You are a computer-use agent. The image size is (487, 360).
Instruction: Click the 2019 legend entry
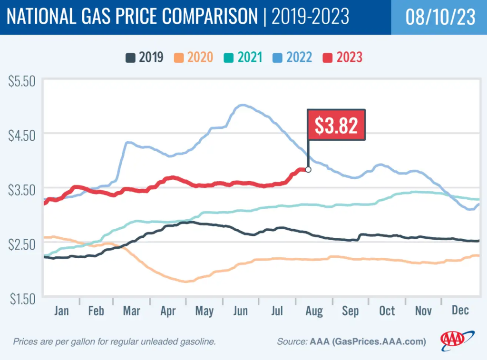(145, 58)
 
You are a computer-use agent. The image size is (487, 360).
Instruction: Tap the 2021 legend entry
(243, 58)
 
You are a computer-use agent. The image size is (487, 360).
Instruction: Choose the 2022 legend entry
(293, 58)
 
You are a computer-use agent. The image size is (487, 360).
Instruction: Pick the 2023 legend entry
(342, 58)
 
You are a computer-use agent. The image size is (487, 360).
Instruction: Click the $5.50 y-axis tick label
(22, 81)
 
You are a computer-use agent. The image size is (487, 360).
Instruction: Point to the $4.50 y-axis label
(22, 135)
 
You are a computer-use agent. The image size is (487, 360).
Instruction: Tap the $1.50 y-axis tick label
(22, 298)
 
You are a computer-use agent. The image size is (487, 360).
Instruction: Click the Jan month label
(61, 311)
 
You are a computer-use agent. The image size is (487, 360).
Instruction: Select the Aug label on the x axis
(314, 311)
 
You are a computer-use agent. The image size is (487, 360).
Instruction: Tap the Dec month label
(460, 311)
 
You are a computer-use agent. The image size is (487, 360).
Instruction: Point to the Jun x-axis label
(241, 311)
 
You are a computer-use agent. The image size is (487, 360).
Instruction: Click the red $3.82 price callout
(337, 125)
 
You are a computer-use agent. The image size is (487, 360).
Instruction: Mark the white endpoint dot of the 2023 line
(308, 169)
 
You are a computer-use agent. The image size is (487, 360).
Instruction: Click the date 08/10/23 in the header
(440, 17)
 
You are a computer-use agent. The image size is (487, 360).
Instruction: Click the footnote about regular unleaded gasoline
(115, 341)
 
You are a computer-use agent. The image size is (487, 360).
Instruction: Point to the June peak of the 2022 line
(242, 105)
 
